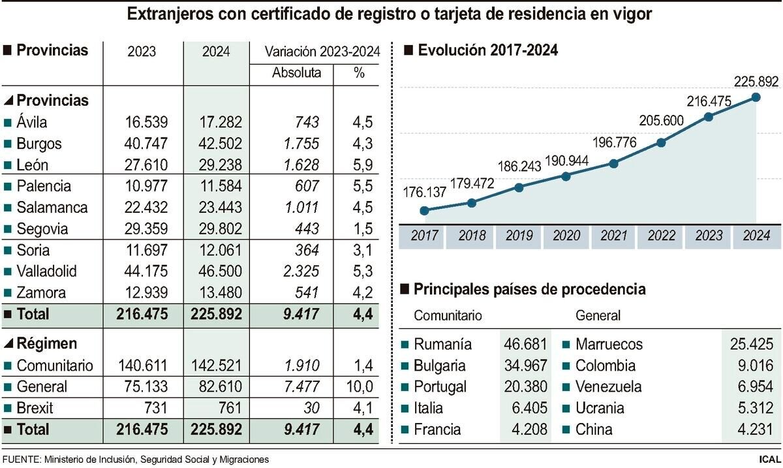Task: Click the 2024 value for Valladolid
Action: point(216,272)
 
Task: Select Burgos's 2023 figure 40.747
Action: point(142,144)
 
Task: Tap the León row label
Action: point(33,165)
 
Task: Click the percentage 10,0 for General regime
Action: point(360,387)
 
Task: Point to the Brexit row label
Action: point(35,409)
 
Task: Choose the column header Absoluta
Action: point(296,72)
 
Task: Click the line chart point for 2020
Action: point(566,176)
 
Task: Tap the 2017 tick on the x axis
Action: point(424,236)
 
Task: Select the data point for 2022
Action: point(661,142)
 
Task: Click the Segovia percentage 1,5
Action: point(360,229)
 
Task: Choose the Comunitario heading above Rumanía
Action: point(448,316)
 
